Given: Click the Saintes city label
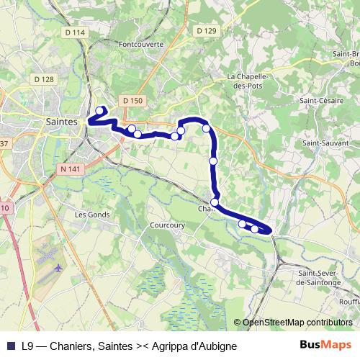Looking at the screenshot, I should click(x=60, y=122).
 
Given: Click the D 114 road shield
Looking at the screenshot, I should click(x=74, y=32).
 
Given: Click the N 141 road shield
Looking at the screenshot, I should click(x=66, y=168).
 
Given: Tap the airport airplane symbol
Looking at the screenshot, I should click(x=57, y=268).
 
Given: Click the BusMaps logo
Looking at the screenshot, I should click(x=327, y=345).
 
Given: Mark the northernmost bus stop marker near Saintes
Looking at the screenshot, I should click(x=99, y=110).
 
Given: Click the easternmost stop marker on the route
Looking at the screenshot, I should click(x=255, y=229).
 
